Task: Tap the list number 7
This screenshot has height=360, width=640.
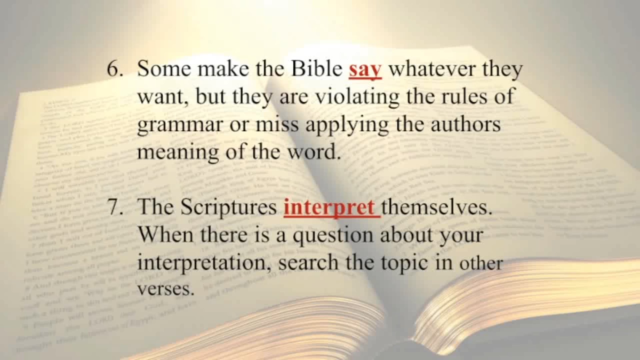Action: tap(115, 207)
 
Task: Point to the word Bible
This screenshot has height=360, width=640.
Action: tap(317, 69)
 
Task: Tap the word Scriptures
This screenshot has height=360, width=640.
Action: tap(228, 207)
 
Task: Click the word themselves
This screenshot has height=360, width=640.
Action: tap(437, 207)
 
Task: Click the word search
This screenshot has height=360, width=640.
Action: tap(308, 263)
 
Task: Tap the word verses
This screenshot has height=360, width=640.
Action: tap(166, 289)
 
